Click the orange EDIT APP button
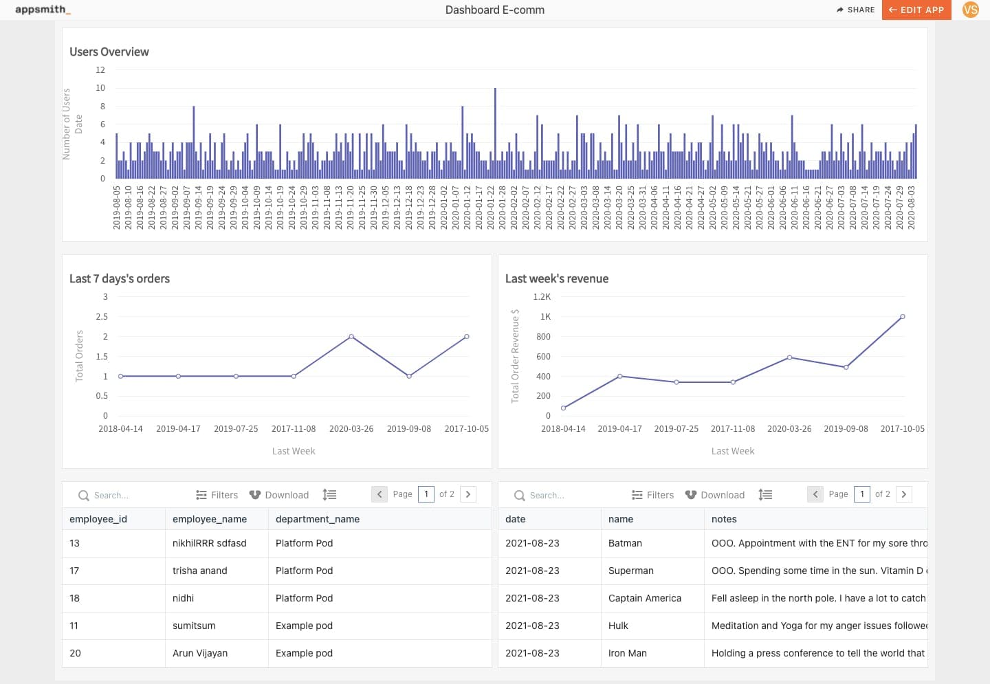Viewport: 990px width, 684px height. tap(916, 10)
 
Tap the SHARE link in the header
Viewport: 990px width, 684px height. tap(855, 10)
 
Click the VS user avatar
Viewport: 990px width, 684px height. tap(970, 10)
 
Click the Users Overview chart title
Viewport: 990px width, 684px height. tap(109, 52)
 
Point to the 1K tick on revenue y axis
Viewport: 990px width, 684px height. tap(545, 317)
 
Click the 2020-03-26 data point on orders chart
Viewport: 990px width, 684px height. tap(351, 337)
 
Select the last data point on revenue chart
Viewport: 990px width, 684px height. tap(903, 317)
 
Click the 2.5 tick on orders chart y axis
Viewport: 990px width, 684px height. tap(102, 317)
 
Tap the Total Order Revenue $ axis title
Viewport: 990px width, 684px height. tap(515, 355)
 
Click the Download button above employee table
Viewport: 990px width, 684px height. tap(279, 495)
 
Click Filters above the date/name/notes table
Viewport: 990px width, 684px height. tap(652, 495)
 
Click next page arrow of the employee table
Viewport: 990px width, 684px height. tap(468, 494)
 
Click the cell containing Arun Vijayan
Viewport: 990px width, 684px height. tap(200, 653)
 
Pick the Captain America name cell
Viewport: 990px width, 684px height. tap(645, 598)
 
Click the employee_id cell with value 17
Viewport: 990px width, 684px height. tap(74, 571)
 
